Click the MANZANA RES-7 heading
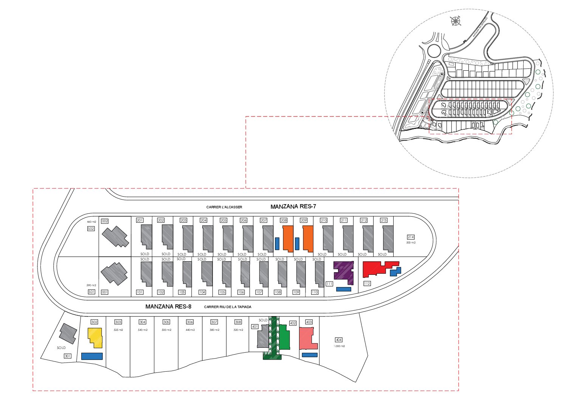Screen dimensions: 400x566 [293, 206]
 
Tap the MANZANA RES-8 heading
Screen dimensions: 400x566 [168, 307]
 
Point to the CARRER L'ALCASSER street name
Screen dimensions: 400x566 [224, 207]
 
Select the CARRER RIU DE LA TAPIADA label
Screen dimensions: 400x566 [228, 307]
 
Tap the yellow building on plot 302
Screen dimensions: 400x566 [96, 337]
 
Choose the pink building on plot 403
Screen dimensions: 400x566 [307, 338]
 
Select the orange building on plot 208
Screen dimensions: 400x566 [288, 238]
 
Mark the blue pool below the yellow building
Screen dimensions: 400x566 [92, 356]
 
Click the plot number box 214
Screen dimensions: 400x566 [411, 237]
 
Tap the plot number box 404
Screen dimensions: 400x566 [339, 340]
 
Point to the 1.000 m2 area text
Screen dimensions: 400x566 [339, 346]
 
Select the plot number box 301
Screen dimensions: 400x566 [68, 356]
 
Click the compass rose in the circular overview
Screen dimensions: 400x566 [456, 21]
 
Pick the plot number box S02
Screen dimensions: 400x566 [91, 229]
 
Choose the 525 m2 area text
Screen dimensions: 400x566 [118, 330]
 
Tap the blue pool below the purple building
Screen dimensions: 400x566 [343, 289]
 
